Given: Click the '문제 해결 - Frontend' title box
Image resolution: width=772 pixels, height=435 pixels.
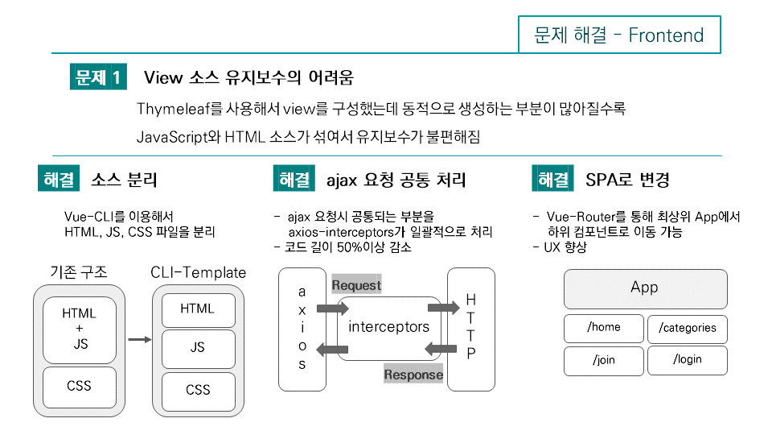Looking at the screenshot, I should [x=619, y=35].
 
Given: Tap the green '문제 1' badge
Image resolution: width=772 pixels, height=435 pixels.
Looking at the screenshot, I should [x=98, y=77].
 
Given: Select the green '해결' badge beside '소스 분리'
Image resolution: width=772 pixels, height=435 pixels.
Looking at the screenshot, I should [x=57, y=179].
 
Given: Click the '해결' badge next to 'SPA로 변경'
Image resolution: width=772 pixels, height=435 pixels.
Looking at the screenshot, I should [x=552, y=179].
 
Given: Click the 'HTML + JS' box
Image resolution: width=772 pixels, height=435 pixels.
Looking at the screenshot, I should [x=79, y=329].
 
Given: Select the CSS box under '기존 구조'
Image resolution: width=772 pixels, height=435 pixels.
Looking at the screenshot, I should [x=79, y=387].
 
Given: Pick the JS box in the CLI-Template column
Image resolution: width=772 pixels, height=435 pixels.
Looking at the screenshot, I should [x=198, y=348].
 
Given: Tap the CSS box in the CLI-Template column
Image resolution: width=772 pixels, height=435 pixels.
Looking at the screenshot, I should [x=198, y=391].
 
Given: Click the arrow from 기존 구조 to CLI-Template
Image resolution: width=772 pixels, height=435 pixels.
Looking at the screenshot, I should [x=140, y=340].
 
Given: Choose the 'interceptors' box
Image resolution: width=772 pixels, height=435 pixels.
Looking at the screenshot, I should [x=388, y=327].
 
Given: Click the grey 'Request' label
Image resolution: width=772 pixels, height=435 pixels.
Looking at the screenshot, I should [x=356, y=285].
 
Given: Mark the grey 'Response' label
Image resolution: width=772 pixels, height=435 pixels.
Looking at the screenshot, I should [x=413, y=374].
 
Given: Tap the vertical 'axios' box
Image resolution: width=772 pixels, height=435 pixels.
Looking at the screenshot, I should [x=302, y=328].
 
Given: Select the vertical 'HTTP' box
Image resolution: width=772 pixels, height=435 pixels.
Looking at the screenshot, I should [x=471, y=328].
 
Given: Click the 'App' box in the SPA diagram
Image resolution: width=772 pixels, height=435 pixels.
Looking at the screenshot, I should [x=645, y=288].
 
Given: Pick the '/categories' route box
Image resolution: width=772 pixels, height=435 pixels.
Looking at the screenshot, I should [x=687, y=328].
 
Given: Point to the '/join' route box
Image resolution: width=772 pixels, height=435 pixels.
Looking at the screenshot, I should [x=604, y=360].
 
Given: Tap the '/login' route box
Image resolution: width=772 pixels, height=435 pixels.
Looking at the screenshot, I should [x=687, y=360].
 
